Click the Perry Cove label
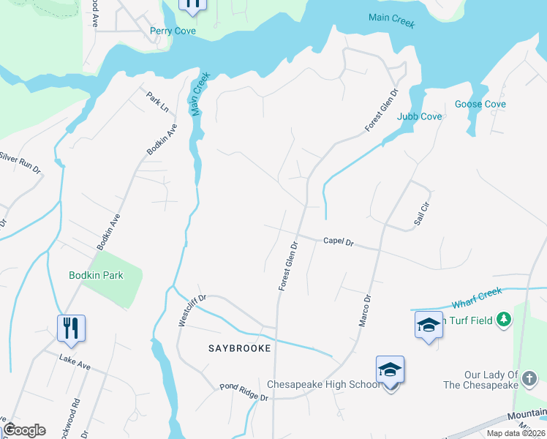(173, 31)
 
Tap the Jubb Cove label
(419, 116)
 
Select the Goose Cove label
(480, 104)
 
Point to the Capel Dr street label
(338, 241)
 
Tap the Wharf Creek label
(477, 296)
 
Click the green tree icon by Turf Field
(502, 320)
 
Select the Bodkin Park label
(96, 276)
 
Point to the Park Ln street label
(157, 101)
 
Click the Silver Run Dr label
(19, 162)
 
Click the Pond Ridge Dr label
(244, 391)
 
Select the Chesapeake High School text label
(323, 384)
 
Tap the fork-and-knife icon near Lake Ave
(72, 327)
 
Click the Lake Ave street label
(75, 361)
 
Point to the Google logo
(24, 430)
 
